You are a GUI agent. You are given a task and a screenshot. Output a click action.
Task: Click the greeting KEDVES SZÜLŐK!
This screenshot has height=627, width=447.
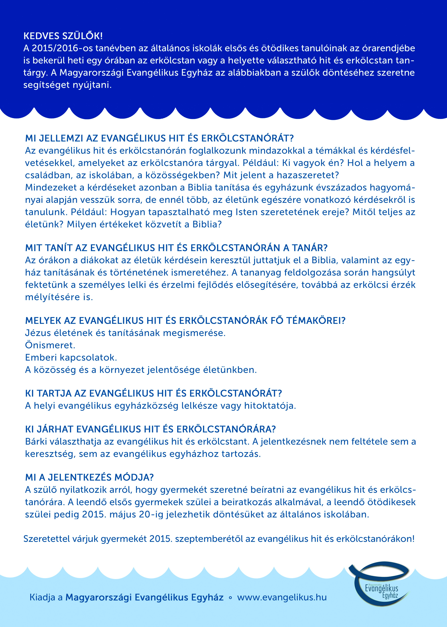click(63, 36)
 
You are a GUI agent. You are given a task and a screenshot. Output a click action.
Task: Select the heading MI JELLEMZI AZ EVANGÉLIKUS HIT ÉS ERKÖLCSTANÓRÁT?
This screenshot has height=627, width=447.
click(159, 138)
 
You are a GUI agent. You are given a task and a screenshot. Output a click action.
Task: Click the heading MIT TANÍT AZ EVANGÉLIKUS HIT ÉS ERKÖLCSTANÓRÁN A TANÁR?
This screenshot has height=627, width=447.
click(176, 248)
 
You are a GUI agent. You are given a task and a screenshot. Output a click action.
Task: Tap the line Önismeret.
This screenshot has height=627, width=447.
click(50, 345)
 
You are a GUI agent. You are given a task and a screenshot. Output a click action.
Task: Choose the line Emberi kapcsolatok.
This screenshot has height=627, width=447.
click(71, 358)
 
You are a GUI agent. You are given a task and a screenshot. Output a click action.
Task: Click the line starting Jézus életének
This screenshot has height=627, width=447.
click(125, 333)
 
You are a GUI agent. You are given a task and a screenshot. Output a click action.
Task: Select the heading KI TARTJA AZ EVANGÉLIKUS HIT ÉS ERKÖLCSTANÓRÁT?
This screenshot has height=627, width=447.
click(153, 393)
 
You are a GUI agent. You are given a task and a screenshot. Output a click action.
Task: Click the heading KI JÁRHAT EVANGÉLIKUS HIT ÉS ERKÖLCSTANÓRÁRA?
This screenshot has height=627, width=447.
click(150, 429)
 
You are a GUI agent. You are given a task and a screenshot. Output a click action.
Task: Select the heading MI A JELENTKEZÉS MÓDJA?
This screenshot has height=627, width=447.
click(89, 477)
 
